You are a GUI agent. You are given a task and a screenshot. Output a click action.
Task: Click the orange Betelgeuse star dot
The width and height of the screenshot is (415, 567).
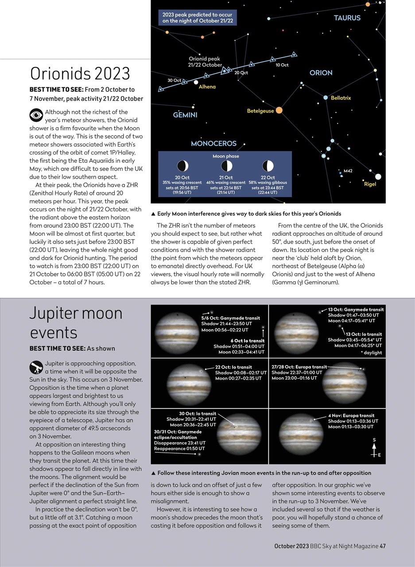point(279,110)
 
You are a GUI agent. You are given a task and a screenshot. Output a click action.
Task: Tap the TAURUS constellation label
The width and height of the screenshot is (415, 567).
point(347,18)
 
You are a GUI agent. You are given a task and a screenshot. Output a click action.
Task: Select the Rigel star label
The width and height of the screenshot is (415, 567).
point(370,184)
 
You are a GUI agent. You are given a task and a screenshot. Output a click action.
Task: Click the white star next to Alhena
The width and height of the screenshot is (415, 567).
point(196,82)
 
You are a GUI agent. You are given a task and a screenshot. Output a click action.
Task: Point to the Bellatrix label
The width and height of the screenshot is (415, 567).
point(341,98)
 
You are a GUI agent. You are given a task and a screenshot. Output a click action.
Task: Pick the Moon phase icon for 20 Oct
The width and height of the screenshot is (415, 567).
point(182,166)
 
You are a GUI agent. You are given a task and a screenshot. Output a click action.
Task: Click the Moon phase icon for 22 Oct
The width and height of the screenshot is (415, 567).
point(268,166)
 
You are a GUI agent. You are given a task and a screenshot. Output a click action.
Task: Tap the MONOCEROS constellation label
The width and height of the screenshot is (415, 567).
point(213,144)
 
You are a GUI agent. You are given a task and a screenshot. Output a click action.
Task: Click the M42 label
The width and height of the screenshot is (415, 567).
point(348,171)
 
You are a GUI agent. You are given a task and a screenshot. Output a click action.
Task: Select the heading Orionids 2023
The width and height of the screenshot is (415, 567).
point(80,73)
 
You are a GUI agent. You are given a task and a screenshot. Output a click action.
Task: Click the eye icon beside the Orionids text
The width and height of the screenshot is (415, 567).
point(36,115)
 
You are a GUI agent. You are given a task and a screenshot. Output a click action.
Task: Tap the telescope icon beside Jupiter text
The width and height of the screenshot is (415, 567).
point(36,367)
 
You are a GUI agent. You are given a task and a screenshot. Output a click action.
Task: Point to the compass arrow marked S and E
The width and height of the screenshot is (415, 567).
point(375,448)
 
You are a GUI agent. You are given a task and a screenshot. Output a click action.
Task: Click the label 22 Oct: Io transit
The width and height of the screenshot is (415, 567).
point(233,367)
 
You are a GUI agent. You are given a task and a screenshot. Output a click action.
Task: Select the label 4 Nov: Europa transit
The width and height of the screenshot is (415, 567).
point(351,416)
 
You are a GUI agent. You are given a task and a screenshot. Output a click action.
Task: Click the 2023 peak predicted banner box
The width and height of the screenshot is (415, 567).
point(198,18)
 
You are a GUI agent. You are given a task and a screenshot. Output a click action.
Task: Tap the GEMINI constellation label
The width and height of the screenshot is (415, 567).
point(185,115)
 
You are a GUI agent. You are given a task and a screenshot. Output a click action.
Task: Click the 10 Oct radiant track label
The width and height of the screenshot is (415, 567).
point(282,65)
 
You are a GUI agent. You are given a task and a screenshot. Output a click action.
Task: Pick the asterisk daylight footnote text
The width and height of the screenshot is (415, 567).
point(371,353)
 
